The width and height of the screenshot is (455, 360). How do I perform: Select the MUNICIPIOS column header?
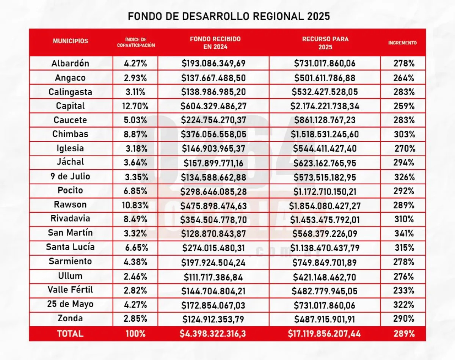click(71, 41)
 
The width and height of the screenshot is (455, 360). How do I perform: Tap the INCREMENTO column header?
click(402, 43)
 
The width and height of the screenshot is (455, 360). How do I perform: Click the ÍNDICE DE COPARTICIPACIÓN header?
click(136, 42)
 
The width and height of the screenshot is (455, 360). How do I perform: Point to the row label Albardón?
click(71, 63)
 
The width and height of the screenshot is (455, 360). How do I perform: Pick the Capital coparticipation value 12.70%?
click(135, 106)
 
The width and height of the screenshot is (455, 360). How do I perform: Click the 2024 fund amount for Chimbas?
click(214, 134)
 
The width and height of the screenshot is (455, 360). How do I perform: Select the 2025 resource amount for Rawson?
click(325, 205)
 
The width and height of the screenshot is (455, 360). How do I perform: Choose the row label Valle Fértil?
click(71, 290)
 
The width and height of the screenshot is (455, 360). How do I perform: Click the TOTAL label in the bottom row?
click(70, 334)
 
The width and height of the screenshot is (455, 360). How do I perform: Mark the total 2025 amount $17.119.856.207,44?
click(325, 334)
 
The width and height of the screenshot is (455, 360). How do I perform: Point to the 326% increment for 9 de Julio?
click(403, 177)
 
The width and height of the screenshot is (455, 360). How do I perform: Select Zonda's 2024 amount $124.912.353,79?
click(214, 319)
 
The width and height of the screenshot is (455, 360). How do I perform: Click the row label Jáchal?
click(71, 162)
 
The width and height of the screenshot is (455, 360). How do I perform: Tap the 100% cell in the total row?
click(135, 334)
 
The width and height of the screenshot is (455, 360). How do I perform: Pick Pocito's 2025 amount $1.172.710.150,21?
click(325, 191)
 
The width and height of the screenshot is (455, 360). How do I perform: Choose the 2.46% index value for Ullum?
click(135, 276)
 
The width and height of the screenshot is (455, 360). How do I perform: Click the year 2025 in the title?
click(319, 16)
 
